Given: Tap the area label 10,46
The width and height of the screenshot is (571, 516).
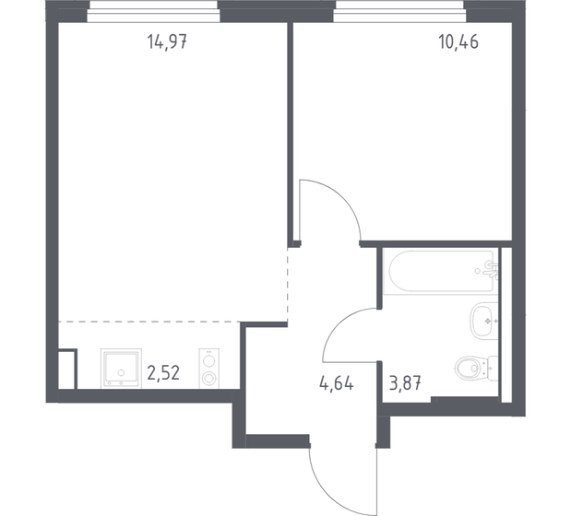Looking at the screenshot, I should coord(459,41).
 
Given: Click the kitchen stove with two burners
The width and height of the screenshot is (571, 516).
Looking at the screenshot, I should coord(210,368).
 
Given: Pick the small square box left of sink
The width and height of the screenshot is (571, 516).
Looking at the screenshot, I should coord(66,369).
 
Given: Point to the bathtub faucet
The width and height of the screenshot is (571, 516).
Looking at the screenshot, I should coord(491,269).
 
